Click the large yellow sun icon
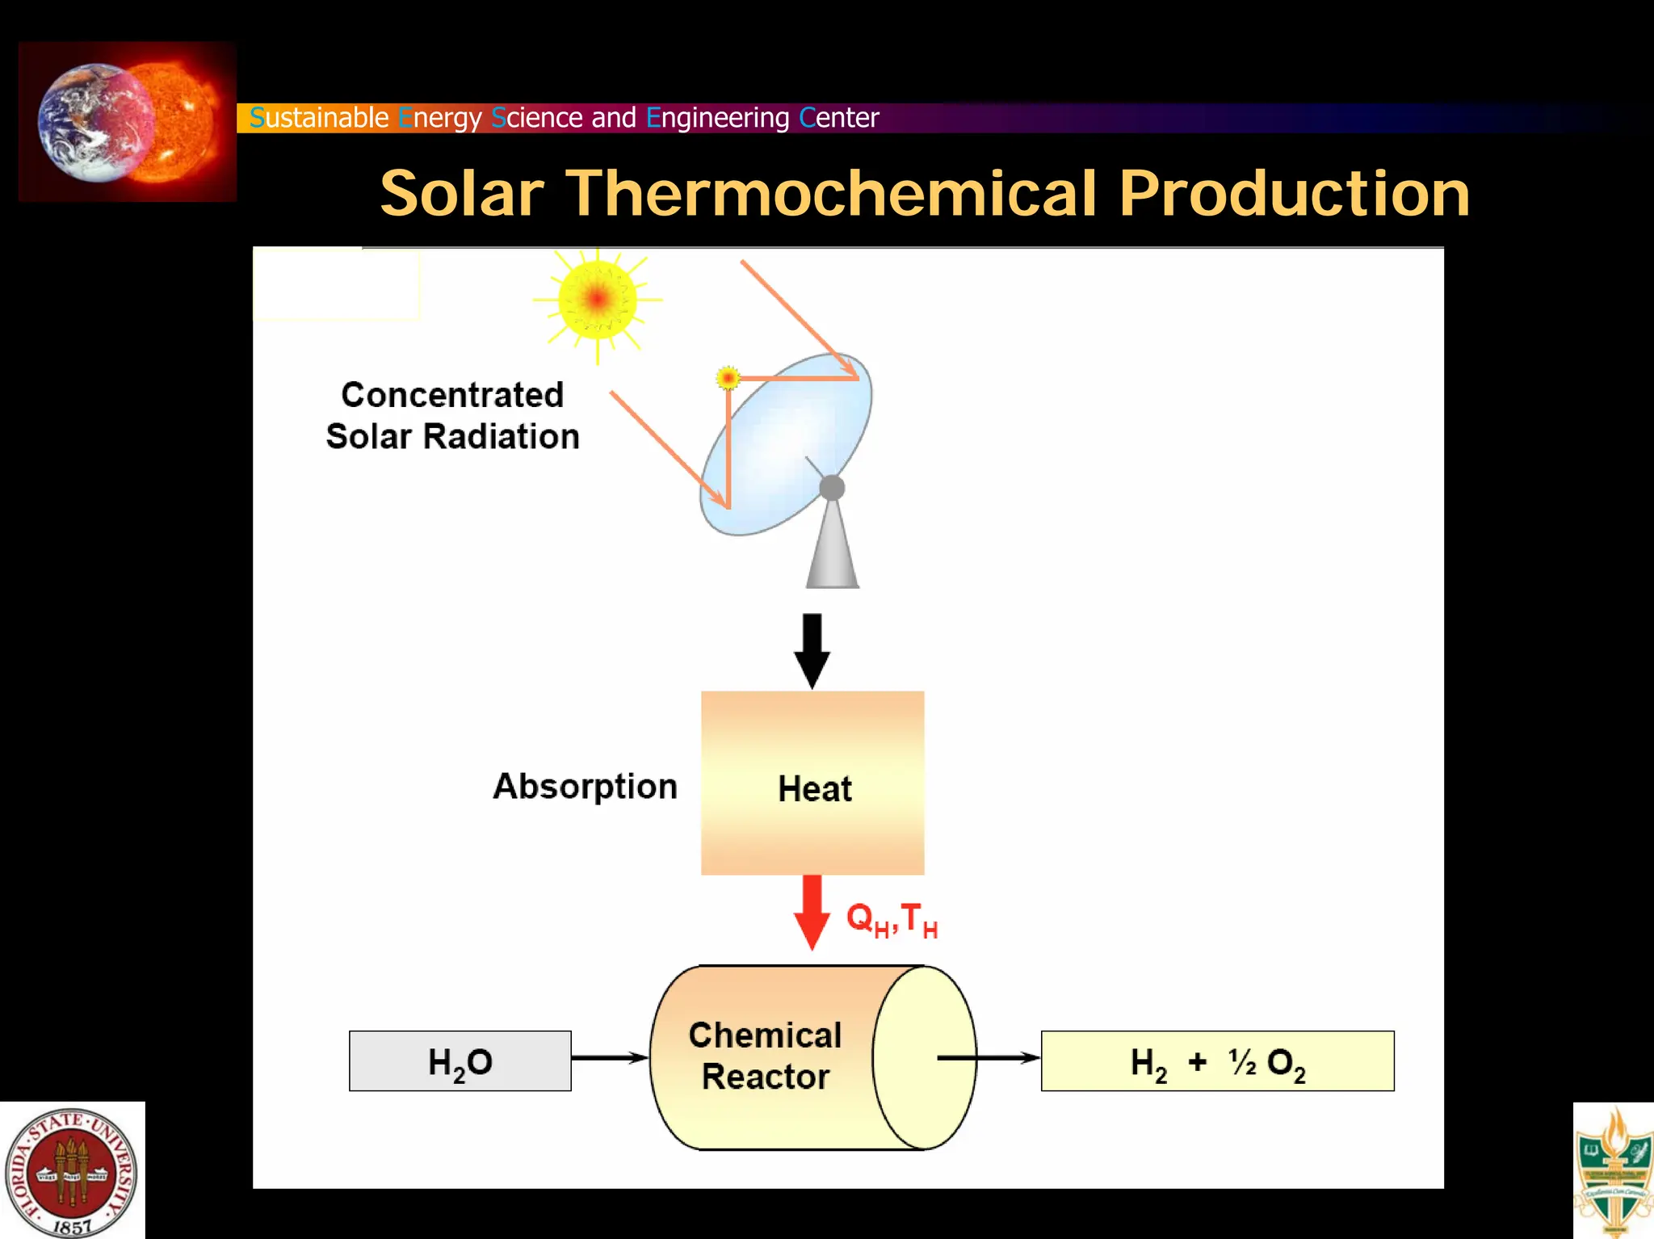click(598, 300)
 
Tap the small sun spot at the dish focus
click(728, 377)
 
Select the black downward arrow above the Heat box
click(812, 650)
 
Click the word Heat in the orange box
click(814, 788)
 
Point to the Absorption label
click(585, 787)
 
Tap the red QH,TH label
click(892, 919)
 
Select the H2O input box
click(460, 1061)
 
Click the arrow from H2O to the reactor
click(610, 1057)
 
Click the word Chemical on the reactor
click(765, 1035)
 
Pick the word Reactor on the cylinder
click(765, 1077)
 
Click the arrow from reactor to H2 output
click(989, 1057)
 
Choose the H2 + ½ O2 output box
click(1217, 1061)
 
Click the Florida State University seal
click(72, 1172)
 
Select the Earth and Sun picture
click(128, 121)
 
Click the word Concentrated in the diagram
click(452, 395)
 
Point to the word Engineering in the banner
click(717, 118)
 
